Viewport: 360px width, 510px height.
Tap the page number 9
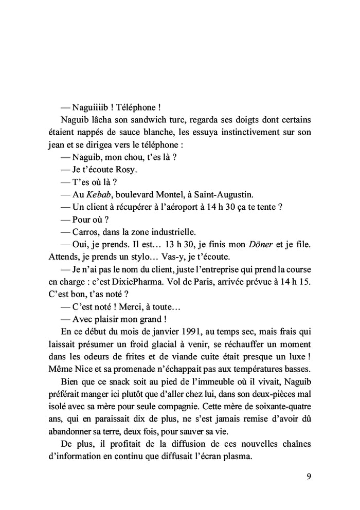coord(309,476)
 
